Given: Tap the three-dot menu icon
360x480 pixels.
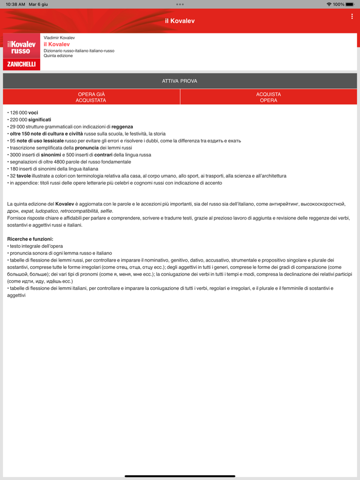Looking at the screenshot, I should pos(352,16).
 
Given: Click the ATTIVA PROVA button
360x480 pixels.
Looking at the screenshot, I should pos(179,81).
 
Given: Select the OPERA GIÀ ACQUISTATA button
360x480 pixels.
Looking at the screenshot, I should pos(91,97).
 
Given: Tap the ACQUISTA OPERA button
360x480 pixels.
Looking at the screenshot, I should pos(268,97).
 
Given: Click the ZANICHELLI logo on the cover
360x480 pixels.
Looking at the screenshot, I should pos(22,64).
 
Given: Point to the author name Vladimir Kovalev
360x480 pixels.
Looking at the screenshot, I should pos(59,38).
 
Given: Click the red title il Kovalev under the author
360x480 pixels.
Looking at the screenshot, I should pos(57,44).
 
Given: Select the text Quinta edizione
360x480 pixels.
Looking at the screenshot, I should pos(58,56).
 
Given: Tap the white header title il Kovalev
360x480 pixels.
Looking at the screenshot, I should pos(179,21).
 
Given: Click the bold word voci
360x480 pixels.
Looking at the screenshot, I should pos(33,113).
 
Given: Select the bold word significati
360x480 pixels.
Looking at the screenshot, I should pos(40,120).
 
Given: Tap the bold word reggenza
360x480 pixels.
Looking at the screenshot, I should pos(122,126).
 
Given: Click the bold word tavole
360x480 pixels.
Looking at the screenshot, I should pos(24,176).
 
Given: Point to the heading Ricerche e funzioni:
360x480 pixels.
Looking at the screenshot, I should pos(30,239).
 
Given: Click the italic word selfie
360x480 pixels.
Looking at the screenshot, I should pos(106,211).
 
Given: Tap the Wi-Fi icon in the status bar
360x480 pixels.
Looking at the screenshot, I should pos(329,4).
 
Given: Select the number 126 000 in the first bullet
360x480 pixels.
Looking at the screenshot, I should pos(19,113).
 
